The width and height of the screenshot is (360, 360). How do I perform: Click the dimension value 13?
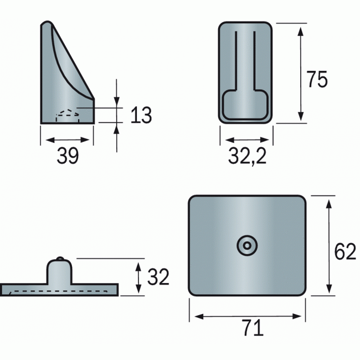[141, 115]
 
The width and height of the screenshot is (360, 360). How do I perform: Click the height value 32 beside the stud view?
[158, 276]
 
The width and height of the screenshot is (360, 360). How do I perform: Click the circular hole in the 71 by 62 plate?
[247, 245]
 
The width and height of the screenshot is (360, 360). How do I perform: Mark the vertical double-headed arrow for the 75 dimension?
[300, 73]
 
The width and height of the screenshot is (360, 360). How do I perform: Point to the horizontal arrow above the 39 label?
[67, 140]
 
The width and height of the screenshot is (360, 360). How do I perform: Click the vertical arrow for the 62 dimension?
[330, 246]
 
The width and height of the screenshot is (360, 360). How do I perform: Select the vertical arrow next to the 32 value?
[137, 276]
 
